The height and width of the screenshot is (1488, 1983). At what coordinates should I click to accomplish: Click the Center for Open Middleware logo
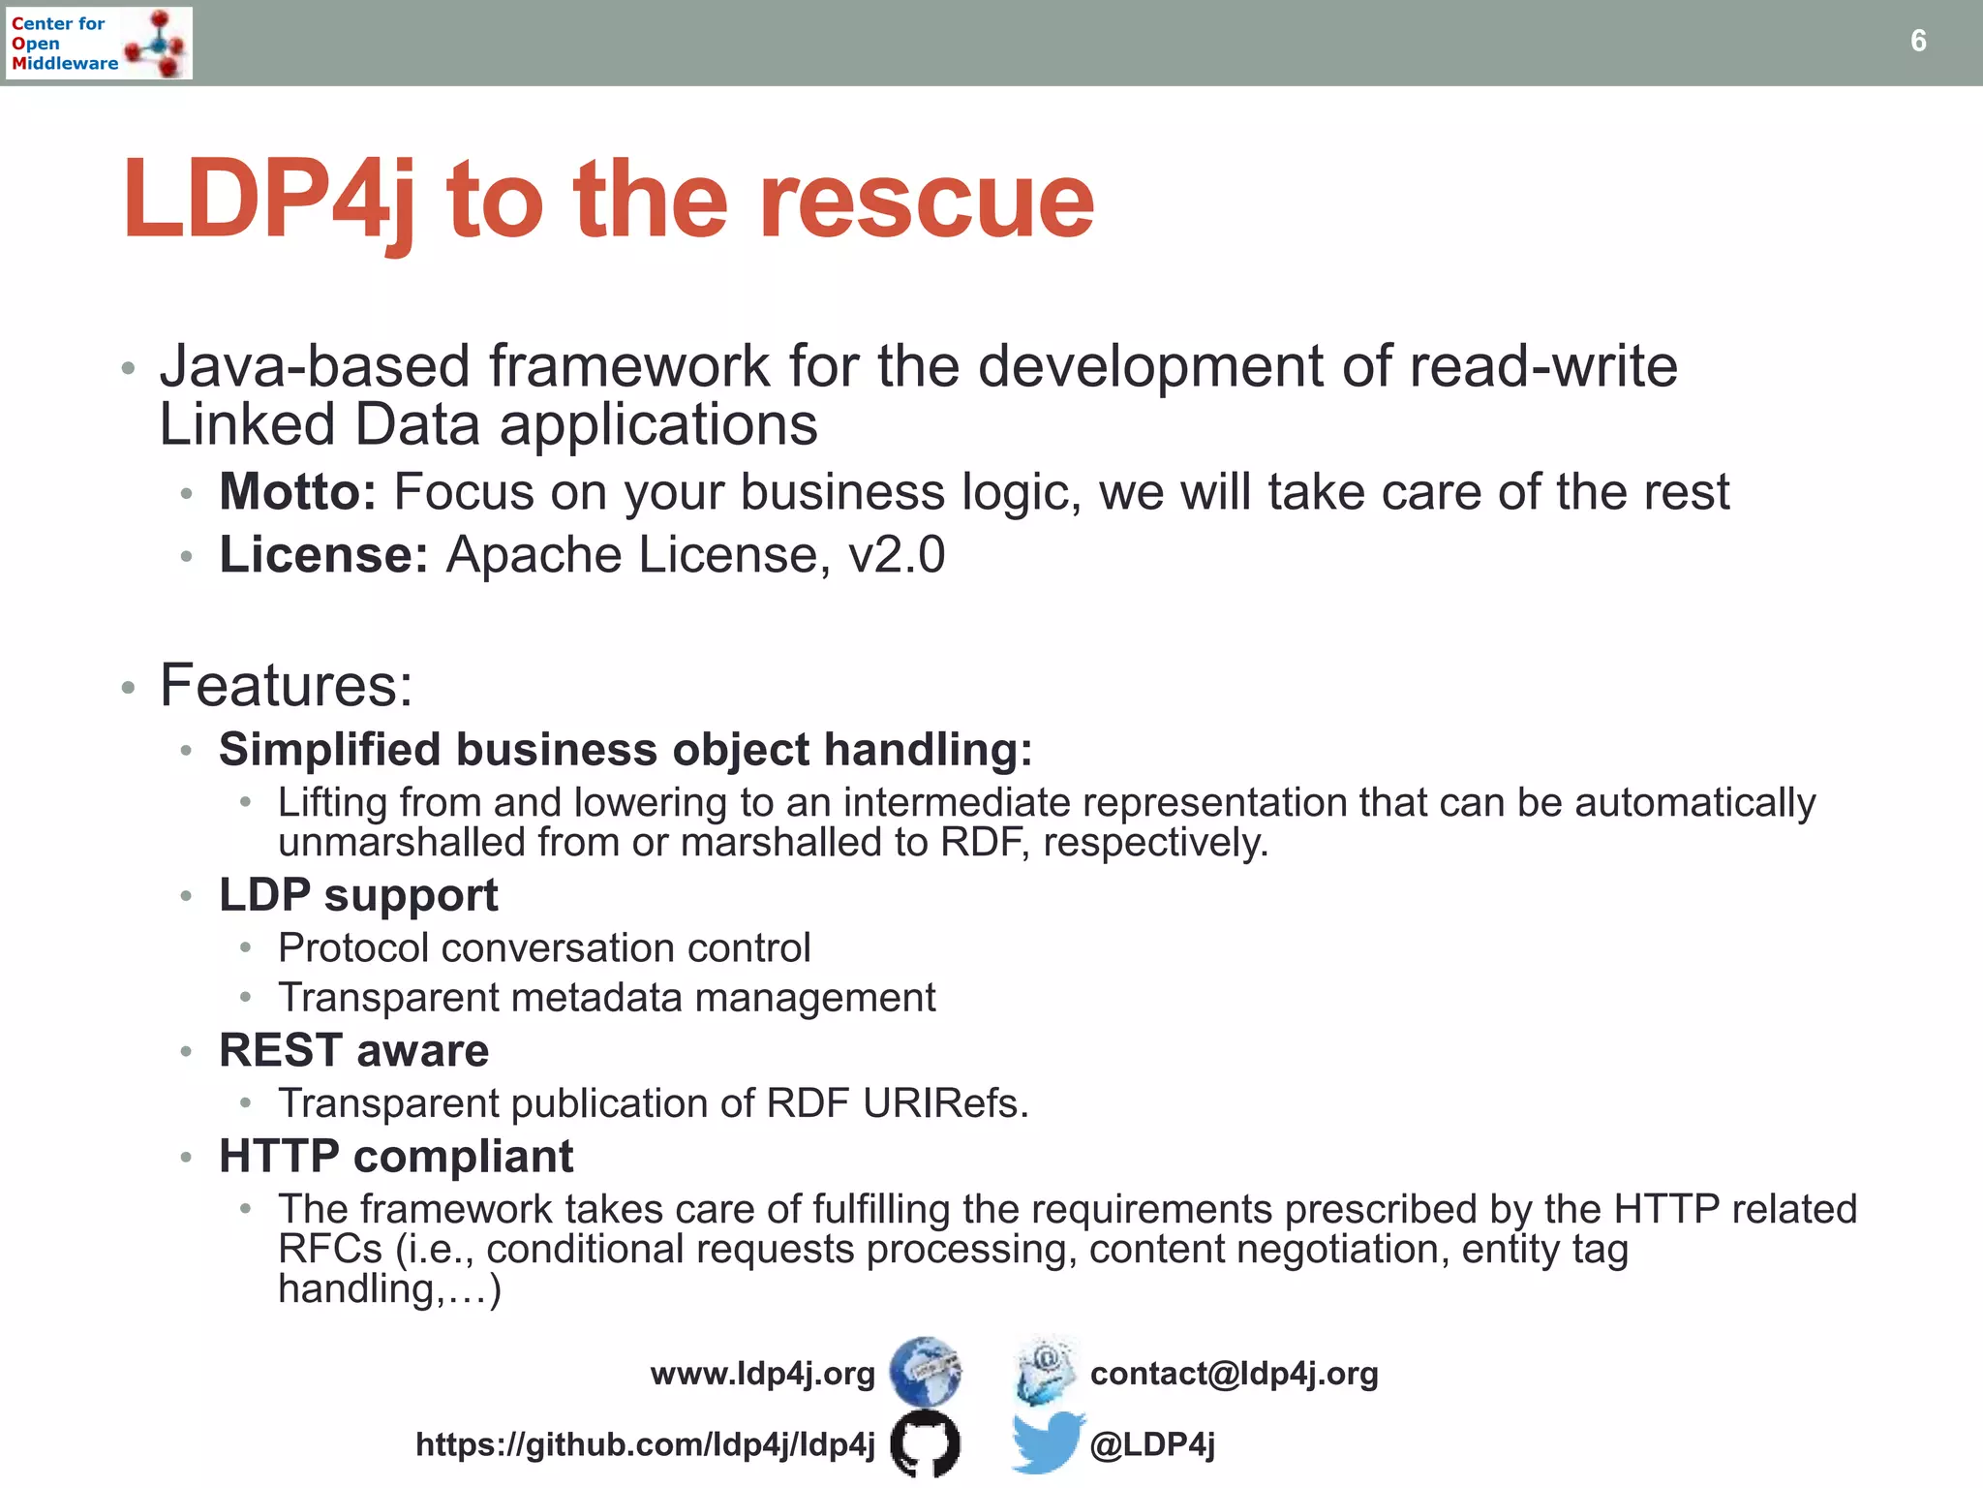click(x=100, y=43)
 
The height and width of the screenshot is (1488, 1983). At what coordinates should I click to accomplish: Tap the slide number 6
click(x=1917, y=41)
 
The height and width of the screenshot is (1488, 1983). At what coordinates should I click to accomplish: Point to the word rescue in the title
click(x=926, y=201)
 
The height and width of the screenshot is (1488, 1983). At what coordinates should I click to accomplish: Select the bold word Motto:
click(x=297, y=492)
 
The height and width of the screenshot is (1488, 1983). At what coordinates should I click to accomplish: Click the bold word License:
click(x=323, y=555)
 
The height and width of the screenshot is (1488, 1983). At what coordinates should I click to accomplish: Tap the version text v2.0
click(x=897, y=555)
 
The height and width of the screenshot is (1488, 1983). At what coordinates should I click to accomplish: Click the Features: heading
click(x=287, y=686)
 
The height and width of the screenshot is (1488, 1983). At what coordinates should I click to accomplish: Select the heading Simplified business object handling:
click(x=625, y=750)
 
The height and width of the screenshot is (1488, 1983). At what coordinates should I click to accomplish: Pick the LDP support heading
click(x=358, y=895)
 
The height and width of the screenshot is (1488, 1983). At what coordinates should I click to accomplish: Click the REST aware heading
click(x=353, y=1051)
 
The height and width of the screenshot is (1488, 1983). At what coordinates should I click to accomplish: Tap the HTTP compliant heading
click(x=396, y=1157)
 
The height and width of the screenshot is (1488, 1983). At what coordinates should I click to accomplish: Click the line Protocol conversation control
click(x=544, y=948)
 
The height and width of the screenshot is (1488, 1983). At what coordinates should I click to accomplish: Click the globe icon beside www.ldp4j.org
click(x=926, y=1372)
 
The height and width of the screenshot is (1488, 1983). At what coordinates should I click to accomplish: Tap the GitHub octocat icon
click(x=925, y=1443)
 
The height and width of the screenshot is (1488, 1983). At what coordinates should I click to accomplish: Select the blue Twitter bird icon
click(x=1046, y=1442)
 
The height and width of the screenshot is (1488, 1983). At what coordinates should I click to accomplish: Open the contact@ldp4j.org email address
click(x=1234, y=1374)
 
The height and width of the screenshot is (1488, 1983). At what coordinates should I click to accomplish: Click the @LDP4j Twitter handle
click(x=1152, y=1444)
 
